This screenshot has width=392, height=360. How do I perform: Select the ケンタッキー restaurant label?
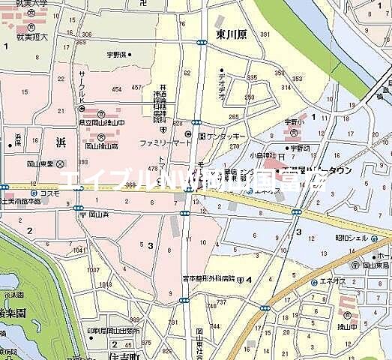tap(226, 136)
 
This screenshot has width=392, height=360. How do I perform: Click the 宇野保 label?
tap(118, 54)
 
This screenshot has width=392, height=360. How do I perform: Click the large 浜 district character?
tap(61, 140)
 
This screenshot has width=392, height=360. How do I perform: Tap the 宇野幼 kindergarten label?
tap(301, 148)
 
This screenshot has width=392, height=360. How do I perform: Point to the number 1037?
tap(93, 270)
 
